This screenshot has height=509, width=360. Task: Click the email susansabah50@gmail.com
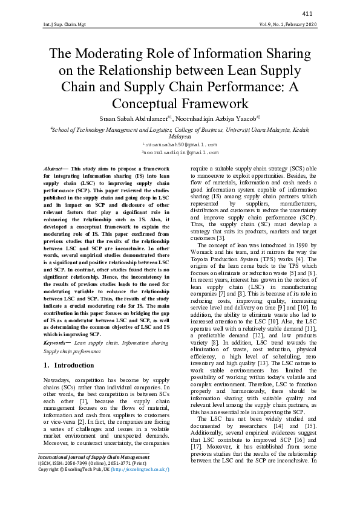click(180, 145)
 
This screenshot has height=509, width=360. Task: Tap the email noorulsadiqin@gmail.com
click(180, 154)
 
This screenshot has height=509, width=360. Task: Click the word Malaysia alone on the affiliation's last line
click(180, 137)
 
